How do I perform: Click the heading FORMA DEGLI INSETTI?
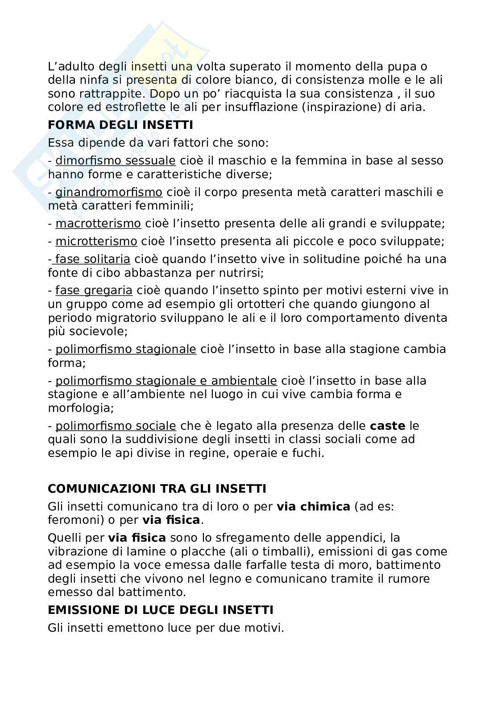(x=120, y=125)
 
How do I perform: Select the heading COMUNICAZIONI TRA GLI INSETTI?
(x=157, y=489)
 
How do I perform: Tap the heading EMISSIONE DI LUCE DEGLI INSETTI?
(x=160, y=609)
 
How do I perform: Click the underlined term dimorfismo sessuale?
(x=116, y=161)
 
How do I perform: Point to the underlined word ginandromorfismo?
(x=108, y=192)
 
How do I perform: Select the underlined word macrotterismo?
(x=98, y=223)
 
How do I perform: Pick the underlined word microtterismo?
(x=96, y=241)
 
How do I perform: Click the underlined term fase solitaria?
(x=92, y=259)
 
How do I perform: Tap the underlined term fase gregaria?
(x=94, y=291)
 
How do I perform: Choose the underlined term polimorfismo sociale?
(x=116, y=426)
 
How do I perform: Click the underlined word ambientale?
(x=244, y=381)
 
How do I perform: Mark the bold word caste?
(x=387, y=426)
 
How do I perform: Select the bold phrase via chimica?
(x=313, y=506)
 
